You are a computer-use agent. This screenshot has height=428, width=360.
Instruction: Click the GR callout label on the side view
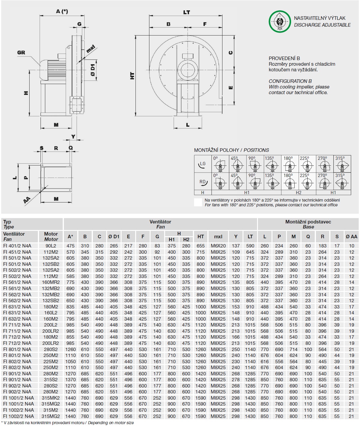point(21,53)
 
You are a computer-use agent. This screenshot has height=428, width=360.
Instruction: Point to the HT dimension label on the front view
point(132,76)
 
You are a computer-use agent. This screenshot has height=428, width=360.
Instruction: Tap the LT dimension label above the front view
point(186,12)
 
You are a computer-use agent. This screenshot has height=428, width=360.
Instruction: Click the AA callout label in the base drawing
point(27,200)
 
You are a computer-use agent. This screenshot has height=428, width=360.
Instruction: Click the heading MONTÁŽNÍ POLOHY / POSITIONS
point(231,150)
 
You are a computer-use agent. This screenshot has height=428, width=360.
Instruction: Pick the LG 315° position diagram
point(342,164)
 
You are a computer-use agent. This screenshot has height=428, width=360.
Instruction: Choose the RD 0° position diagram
point(220,181)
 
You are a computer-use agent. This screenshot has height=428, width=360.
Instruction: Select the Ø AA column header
point(351,236)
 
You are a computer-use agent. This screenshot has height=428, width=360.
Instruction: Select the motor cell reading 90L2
point(51,246)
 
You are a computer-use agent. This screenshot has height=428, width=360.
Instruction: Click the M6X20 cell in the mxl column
point(218,246)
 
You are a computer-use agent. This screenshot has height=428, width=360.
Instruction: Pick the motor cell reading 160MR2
point(51,282)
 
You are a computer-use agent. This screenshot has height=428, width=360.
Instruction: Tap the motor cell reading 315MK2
point(51,398)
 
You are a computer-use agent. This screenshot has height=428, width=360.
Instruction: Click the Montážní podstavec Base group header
point(308,224)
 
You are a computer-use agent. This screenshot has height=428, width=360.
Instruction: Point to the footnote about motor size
point(67,423)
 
